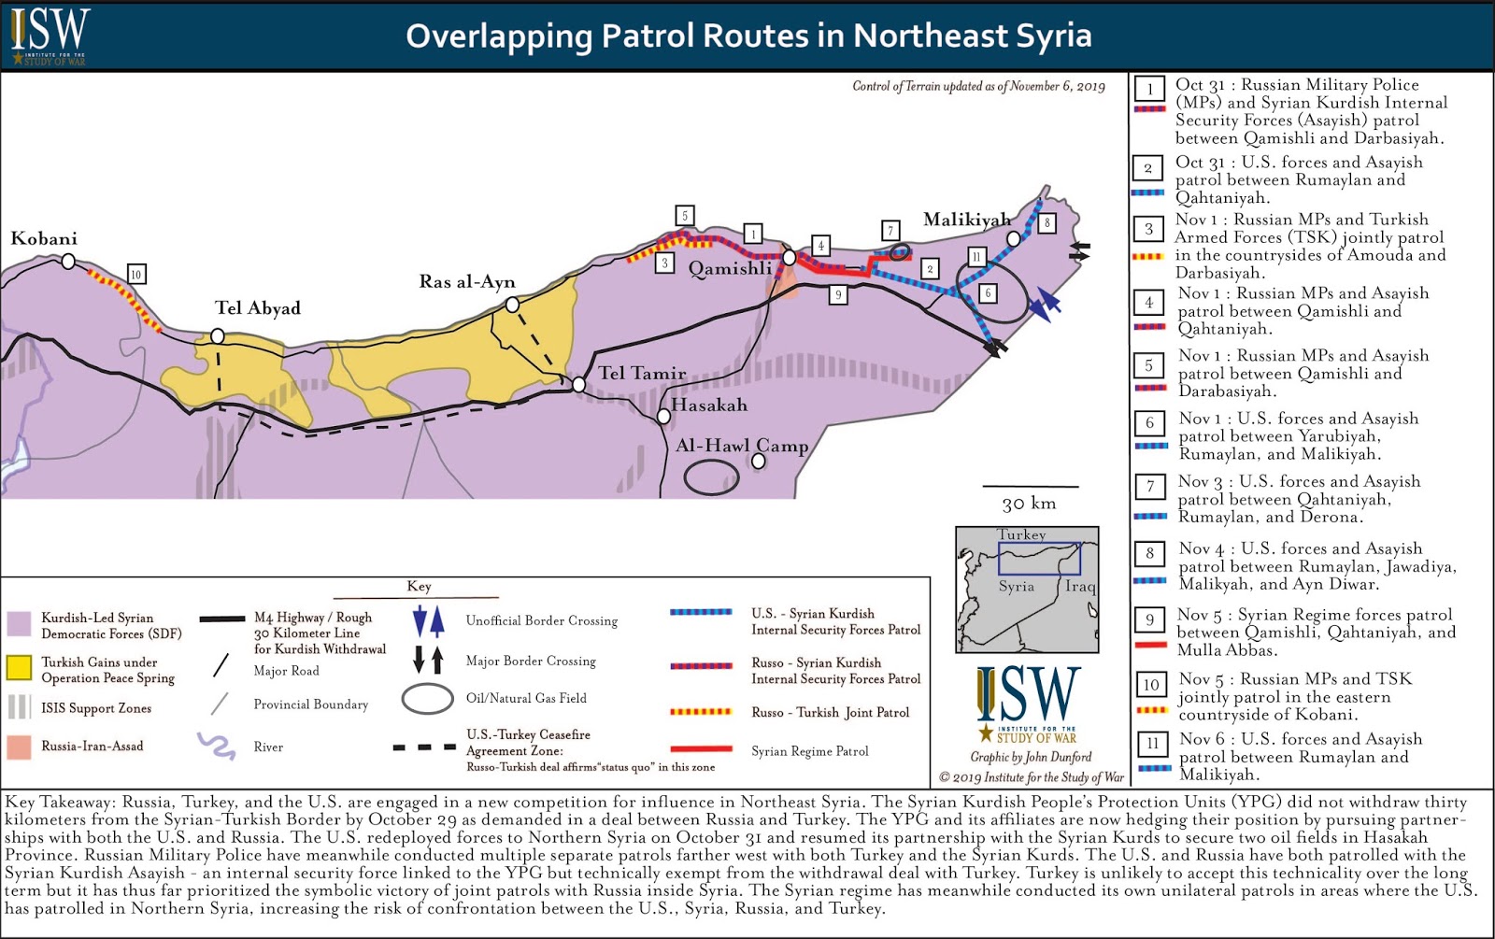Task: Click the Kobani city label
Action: click(x=44, y=238)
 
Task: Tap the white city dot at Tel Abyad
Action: click(x=218, y=335)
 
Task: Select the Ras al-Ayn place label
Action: click(x=467, y=281)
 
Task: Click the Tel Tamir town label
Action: click(x=642, y=373)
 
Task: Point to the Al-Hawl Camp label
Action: click(x=742, y=446)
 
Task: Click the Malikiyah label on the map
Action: click(x=966, y=220)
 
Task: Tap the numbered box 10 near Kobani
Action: click(x=136, y=274)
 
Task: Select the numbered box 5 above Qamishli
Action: click(x=685, y=216)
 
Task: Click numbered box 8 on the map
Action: click(x=1047, y=223)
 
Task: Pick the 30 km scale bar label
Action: click(x=1029, y=504)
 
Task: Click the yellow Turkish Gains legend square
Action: click(x=19, y=667)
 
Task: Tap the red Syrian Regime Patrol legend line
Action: click(x=701, y=748)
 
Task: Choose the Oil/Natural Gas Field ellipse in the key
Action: click(x=427, y=699)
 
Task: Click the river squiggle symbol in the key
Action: click(x=217, y=746)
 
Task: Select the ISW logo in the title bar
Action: click(x=49, y=36)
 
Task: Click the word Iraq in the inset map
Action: click(x=1080, y=586)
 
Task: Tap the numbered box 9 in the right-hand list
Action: click(x=1150, y=619)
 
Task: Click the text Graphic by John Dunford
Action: click(x=1030, y=757)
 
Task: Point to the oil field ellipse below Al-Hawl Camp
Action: click(x=711, y=477)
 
